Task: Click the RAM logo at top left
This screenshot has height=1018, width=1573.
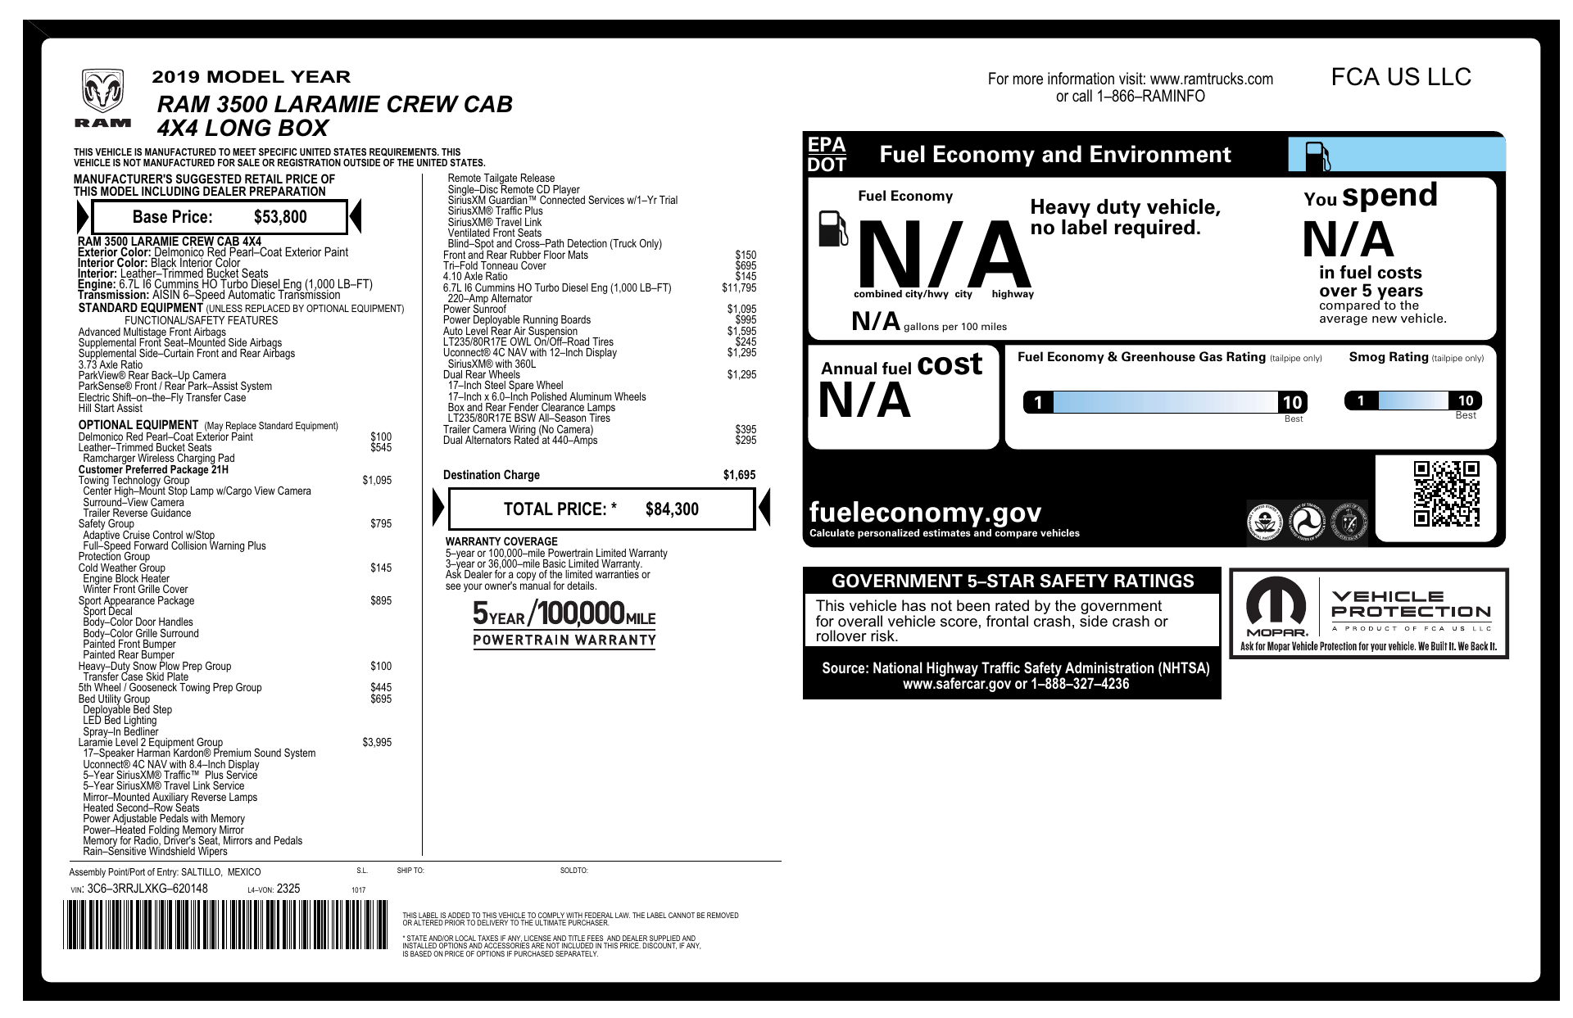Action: click(x=102, y=98)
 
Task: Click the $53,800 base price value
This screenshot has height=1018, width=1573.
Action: click(x=280, y=217)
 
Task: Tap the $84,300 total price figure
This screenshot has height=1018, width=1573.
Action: click(x=672, y=509)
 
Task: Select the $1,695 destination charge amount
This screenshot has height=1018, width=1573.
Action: click(x=739, y=475)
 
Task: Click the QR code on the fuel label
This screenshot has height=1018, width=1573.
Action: click(x=1446, y=494)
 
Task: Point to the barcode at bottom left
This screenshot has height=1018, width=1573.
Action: click(x=225, y=925)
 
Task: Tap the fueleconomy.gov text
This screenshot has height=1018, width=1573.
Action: click(x=925, y=513)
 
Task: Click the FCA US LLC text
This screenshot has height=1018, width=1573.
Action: click(x=1401, y=77)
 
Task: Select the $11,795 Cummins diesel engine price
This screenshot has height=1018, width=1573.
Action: click(x=739, y=288)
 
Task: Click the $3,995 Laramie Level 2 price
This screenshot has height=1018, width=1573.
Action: click(x=377, y=743)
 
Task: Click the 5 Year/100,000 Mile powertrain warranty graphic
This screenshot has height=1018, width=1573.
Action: click(x=564, y=623)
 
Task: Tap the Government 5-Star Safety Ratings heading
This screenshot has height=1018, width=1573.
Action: click(x=1013, y=581)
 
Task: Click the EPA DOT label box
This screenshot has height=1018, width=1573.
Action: click(x=827, y=154)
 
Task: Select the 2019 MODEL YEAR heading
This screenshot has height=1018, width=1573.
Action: click(x=251, y=77)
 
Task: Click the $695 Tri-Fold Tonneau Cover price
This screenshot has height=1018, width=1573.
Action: click(x=746, y=266)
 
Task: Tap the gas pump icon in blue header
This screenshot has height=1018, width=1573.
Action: click(x=1317, y=156)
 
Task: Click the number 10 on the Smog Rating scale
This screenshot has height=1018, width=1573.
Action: click(x=1465, y=400)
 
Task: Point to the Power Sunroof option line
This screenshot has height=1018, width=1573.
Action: click(x=474, y=310)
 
